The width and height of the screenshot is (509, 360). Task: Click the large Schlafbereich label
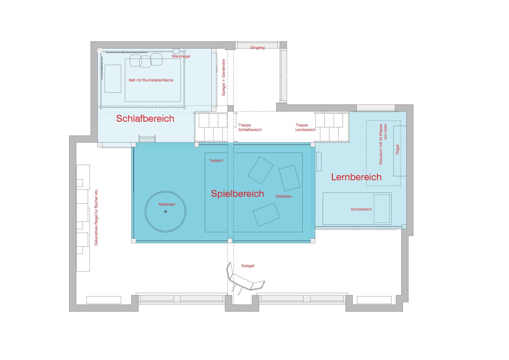click(145, 119)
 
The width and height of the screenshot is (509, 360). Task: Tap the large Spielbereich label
click(237, 194)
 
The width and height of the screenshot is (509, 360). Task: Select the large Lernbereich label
click(356, 177)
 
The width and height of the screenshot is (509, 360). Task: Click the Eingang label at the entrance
click(257, 47)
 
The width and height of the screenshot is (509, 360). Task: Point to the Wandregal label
click(181, 56)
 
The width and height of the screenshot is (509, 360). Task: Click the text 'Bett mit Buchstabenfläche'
click(151, 80)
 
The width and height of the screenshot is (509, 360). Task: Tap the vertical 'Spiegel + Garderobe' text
click(223, 77)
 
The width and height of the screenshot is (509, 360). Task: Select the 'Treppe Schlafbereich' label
click(250, 127)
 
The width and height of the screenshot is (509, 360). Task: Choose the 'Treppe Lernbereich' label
click(305, 127)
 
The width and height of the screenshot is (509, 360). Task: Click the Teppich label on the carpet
click(216, 161)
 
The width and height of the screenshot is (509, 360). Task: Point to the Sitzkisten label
click(284, 196)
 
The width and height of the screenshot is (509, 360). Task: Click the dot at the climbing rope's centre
click(165, 211)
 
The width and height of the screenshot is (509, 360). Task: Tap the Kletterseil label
click(167, 204)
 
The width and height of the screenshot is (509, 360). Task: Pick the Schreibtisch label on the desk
click(361, 209)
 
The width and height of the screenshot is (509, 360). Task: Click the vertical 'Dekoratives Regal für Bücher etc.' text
click(96, 217)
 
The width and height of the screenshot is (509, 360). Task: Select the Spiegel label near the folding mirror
click(248, 265)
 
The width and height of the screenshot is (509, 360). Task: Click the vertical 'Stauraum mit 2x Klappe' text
click(381, 144)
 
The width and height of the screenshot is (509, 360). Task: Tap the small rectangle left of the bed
click(113, 79)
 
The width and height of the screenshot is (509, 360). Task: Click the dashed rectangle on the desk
click(382, 209)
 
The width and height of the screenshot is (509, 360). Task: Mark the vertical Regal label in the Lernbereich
click(398, 149)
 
